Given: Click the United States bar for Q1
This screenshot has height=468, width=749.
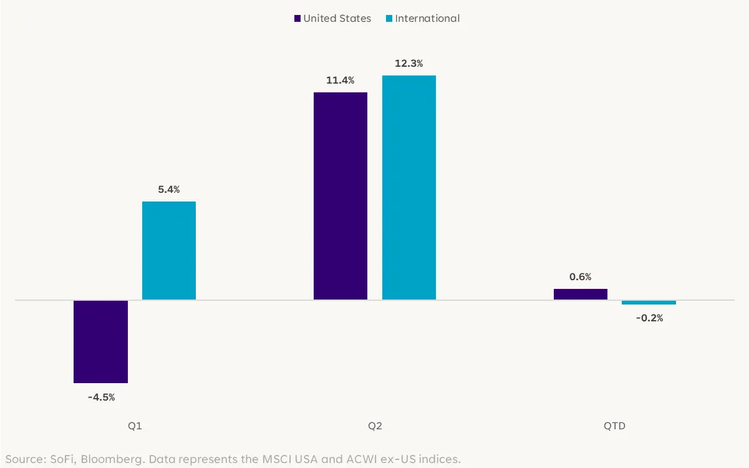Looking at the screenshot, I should [x=100, y=341].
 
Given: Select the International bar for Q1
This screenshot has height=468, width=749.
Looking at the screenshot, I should [x=169, y=250].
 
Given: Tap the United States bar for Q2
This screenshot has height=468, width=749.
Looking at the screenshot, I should [x=341, y=196].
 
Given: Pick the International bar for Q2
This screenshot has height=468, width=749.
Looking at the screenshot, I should [x=409, y=187].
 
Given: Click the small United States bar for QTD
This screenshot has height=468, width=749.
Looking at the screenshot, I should [x=581, y=294].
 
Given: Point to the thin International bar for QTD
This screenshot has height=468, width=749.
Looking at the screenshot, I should [x=649, y=303].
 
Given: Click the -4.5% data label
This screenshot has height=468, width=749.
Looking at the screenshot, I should [x=101, y=397].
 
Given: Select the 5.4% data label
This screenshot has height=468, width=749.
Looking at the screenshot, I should [x=169, y=190].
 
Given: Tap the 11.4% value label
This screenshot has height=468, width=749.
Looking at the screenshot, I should [x=341, y=80].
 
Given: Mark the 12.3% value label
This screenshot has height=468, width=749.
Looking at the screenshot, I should [x=409, y=64].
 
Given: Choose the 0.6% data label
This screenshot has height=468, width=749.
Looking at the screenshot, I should [x=581, y=277].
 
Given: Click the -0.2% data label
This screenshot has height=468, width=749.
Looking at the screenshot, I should [x=649, y=318].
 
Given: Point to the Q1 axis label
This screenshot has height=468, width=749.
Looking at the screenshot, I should [x=135, y=426].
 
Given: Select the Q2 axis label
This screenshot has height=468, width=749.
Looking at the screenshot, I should [x=375, y=426].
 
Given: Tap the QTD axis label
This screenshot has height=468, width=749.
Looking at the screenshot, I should [x=614, y=426].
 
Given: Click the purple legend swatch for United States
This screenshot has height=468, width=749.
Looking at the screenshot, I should [x=297, y=19].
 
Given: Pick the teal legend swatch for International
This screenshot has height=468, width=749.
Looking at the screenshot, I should [x=389, y=19].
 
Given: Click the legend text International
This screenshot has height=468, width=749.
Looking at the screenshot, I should [x=427, y=19].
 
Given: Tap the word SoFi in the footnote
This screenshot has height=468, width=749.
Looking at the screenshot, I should [x=58, y=460].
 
